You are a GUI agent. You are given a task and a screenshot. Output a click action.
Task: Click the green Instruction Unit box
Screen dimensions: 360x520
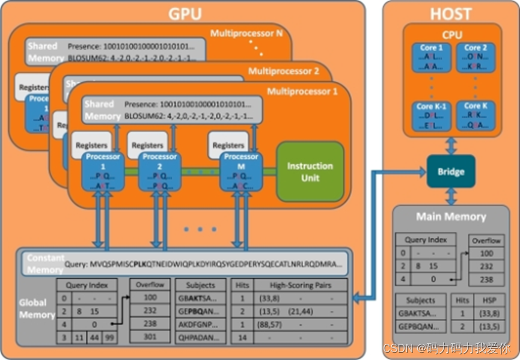click(x=310, y=171)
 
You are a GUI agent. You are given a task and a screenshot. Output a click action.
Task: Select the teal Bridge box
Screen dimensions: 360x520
click(x=451, y=171)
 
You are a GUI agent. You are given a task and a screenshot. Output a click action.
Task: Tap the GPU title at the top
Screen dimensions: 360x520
click(x=185, y=13)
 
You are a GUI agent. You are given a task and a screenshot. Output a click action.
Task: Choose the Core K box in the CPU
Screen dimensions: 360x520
click(x=472, y=116)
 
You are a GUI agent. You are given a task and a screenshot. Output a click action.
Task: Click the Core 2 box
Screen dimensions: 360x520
click(x=472, y=58)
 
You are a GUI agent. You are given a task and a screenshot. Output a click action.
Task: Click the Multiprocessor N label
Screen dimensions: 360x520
click(x=246, y=34)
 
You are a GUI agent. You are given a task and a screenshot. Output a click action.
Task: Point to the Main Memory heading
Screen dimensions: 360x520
click(x=451, y=216)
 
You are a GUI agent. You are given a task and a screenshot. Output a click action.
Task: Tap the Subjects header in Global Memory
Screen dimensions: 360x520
click(x=201, y=285)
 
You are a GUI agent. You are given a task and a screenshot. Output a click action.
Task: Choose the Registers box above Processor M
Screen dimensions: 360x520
click(x=228, y=145)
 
